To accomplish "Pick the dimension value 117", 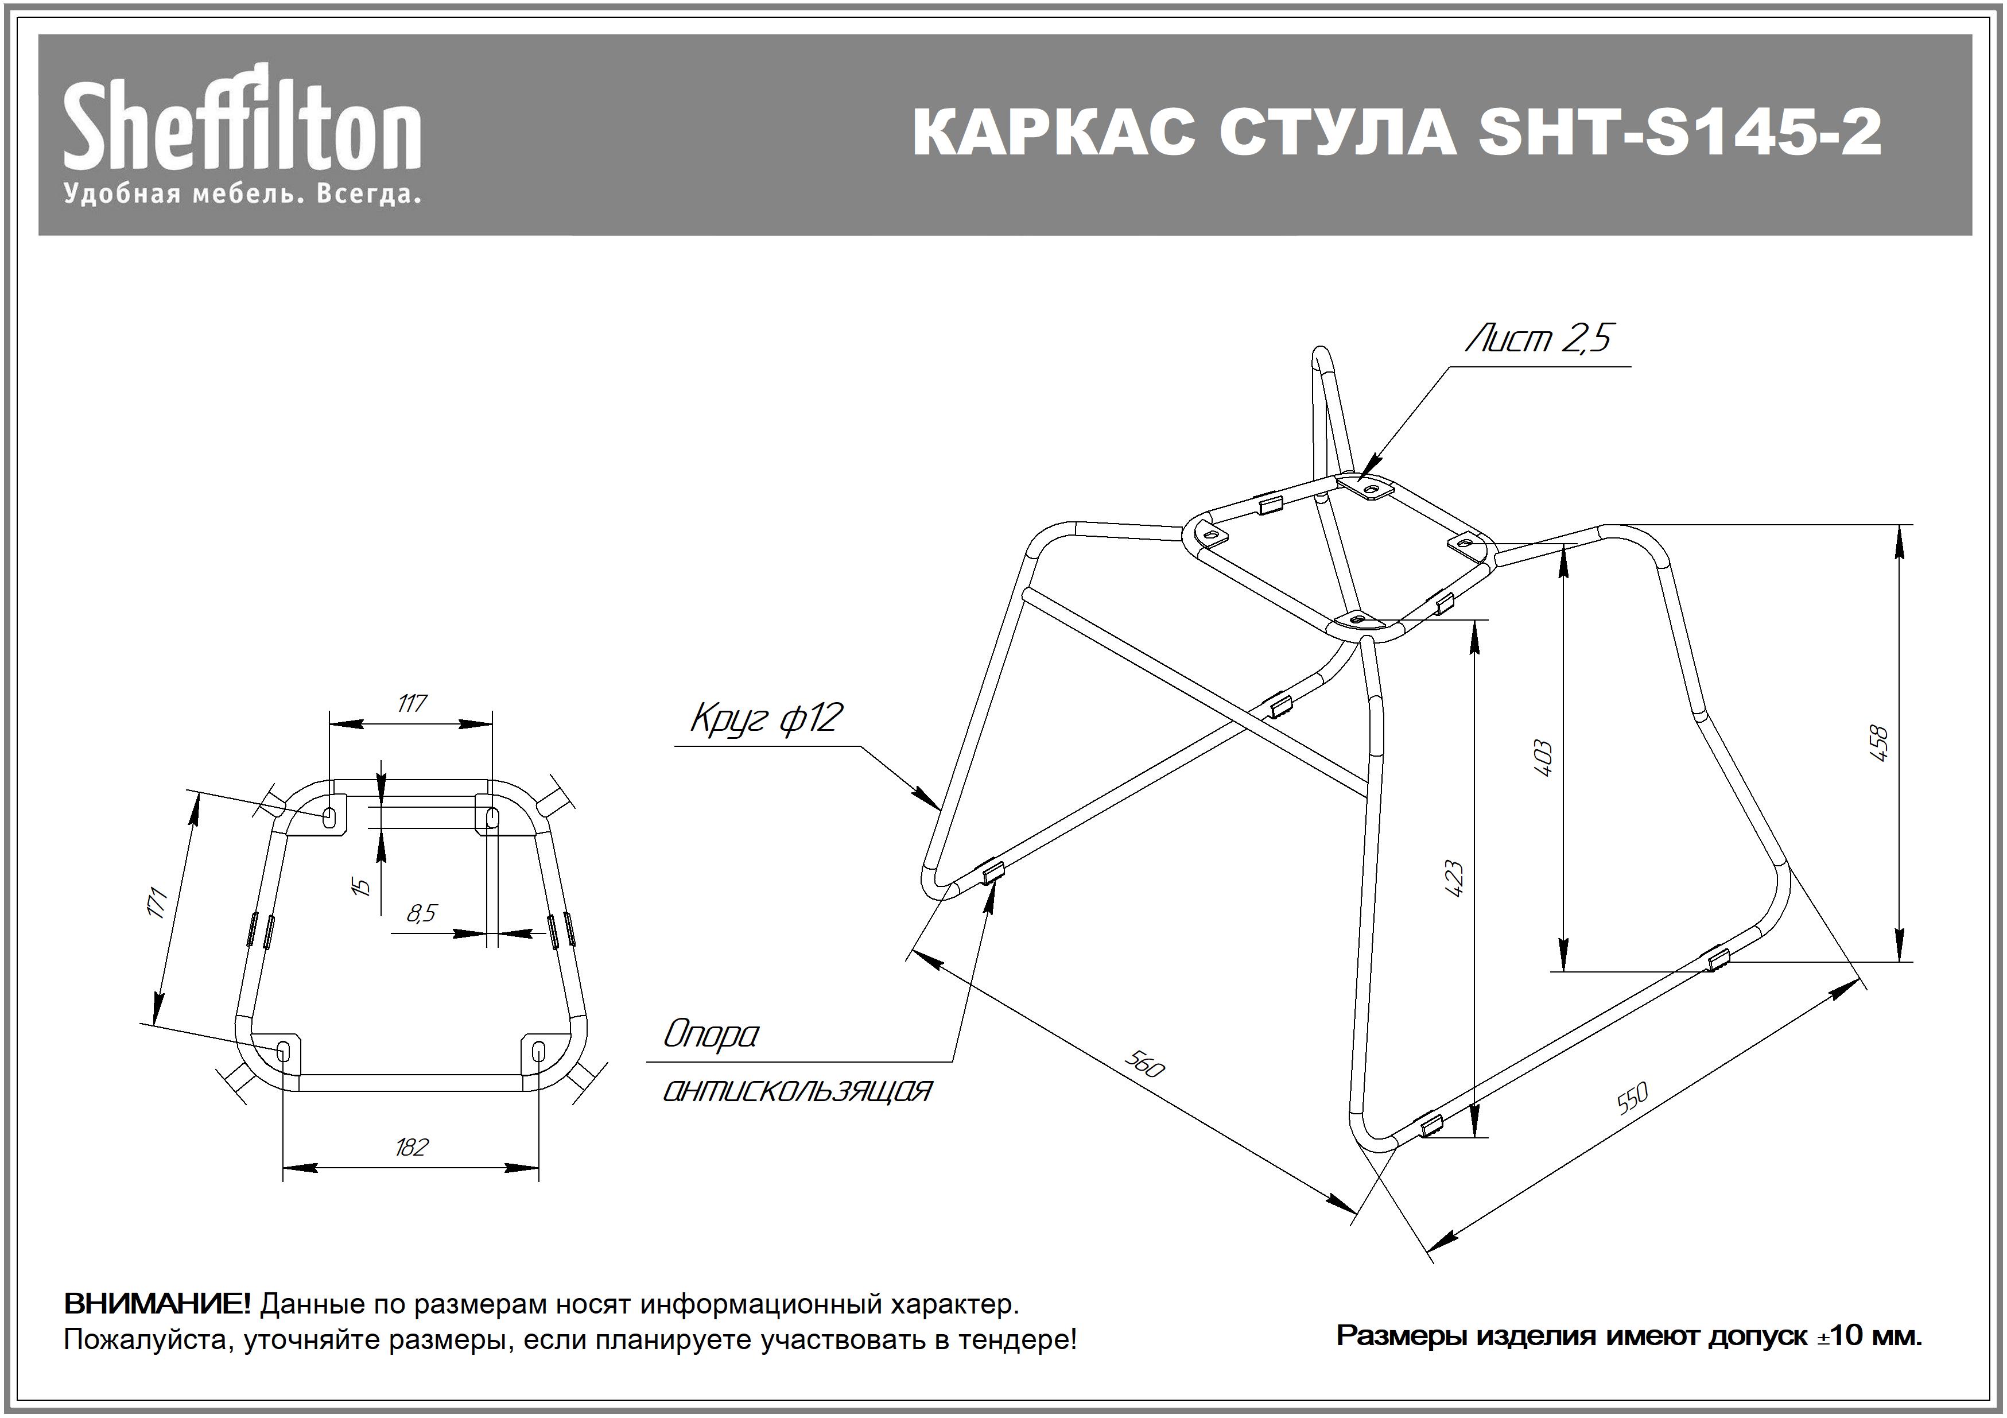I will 411,704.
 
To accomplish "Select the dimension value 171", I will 157,902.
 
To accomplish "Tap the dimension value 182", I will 411,1147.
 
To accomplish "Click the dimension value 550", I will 1632,1099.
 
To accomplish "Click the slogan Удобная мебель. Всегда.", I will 242,194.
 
